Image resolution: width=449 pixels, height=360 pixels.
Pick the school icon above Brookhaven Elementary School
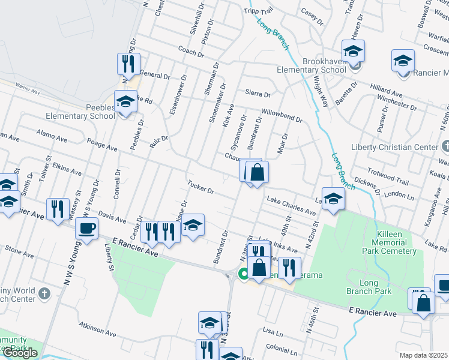click(x=354, y=51)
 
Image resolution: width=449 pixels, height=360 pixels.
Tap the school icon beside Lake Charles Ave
click(x=333, y=199)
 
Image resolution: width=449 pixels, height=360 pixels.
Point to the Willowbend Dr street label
click(x=281, y=115)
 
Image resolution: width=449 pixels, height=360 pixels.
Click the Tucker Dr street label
click(x=200, y=187)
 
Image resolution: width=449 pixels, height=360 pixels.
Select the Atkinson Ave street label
click(x=97, y=331)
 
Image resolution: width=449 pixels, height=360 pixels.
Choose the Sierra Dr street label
click(x=258, y=94)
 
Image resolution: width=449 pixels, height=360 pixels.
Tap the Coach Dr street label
click(x=191, y=52)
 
